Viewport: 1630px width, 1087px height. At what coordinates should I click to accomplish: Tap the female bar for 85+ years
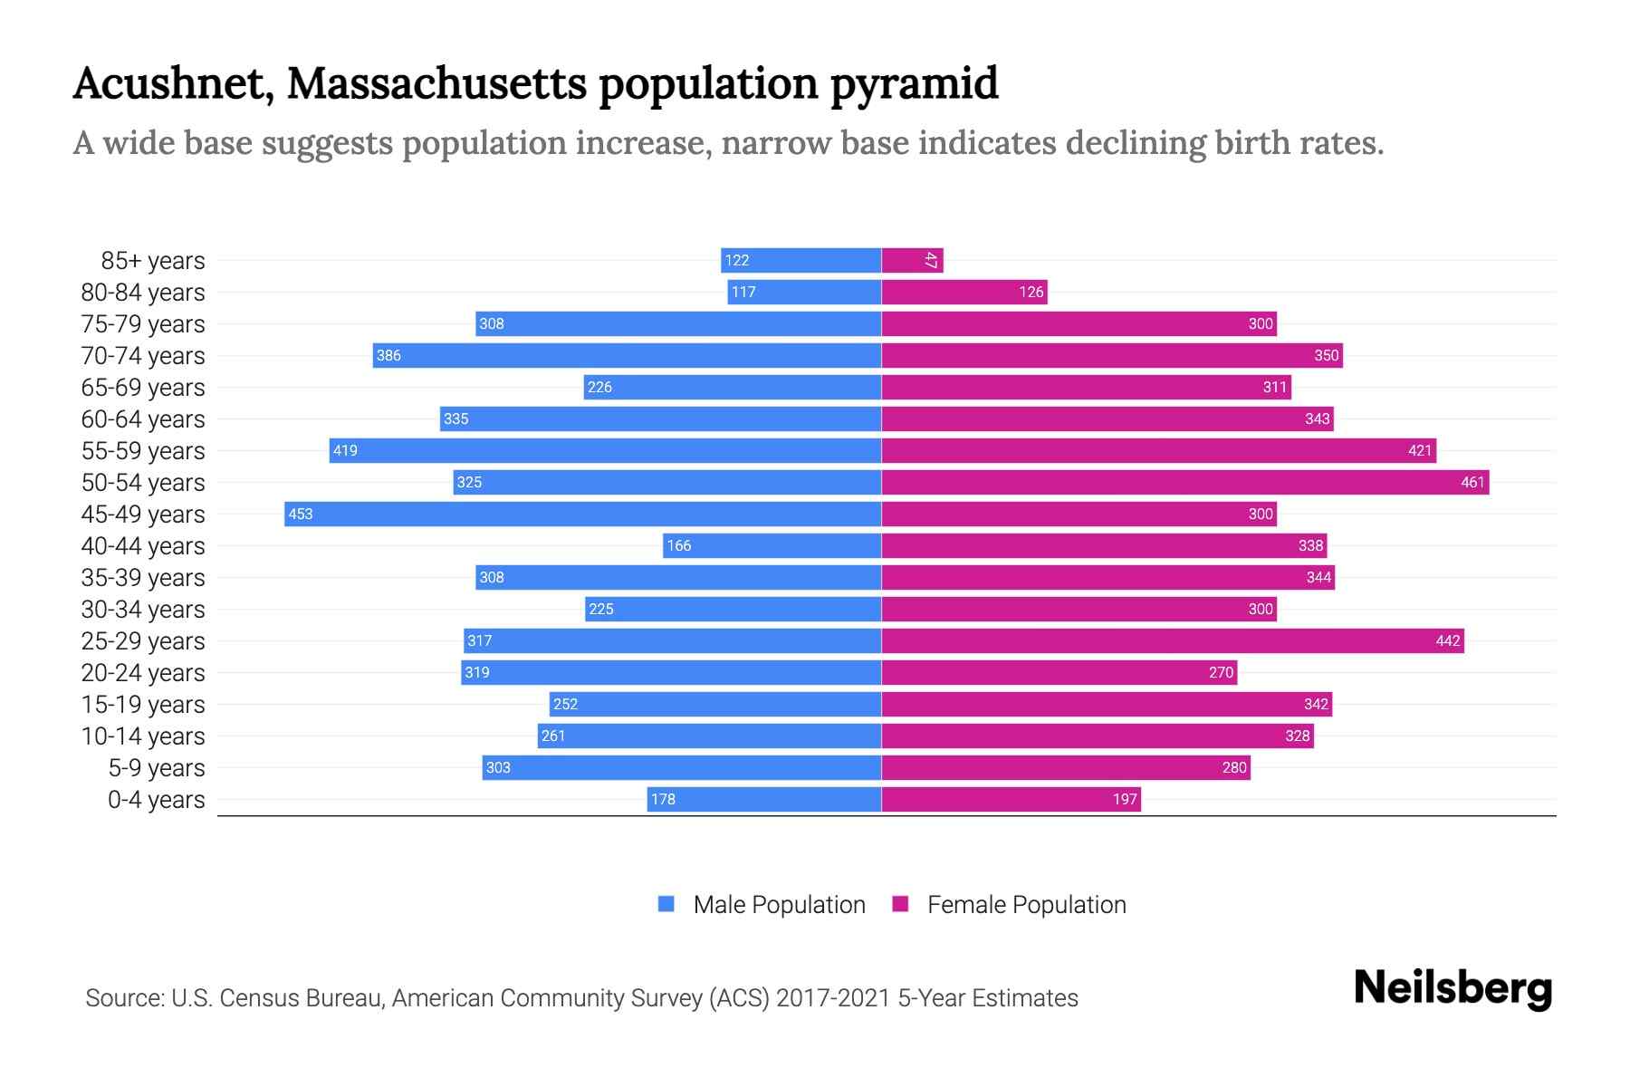pyautogui.click(x=912, y=260)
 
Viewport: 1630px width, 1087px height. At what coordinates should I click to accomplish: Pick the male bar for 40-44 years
pyautogui.click(x=772, y=545)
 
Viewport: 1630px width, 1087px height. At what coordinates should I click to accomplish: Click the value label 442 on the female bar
pyautogui.click(x=1447, y=640)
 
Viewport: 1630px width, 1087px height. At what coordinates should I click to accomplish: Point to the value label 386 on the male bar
pyautogui.click(x=388, y=355)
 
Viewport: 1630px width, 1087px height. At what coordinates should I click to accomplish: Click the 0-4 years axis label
pyautogui.click(x=156, y=800)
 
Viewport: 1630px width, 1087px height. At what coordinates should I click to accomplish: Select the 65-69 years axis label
pyautogui.click(x=143, y=388)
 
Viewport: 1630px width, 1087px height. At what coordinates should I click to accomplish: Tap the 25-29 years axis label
pyautogui.click(x=143, y=641)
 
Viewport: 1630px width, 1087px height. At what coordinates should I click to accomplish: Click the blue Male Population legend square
pyautogui.click(x=666, y=904)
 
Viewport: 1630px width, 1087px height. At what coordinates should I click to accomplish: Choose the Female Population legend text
pyautogui.click(x=1026, y=904)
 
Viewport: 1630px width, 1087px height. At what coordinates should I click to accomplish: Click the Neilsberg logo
pyautogui.click(x=1453, y=988)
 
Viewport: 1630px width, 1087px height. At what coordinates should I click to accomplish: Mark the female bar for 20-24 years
pyautogui.click(x=1059, y=672)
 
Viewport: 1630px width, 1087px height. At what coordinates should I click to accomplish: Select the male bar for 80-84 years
pyautogui.click(x=804, y=292)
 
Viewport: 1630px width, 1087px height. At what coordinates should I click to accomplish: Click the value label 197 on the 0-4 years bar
pyautogui.click(x=1124, y=799)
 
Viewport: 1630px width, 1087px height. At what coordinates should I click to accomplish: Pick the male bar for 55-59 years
pyautogui.click(x=605, y=450)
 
